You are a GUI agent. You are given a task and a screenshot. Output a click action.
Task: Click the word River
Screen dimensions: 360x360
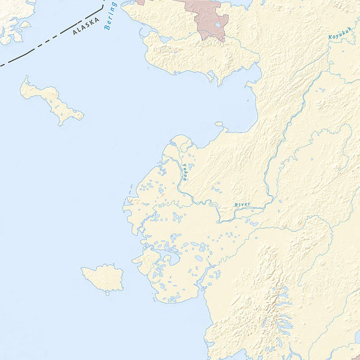[242, 205]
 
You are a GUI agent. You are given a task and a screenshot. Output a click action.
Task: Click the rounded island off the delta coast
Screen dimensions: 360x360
[104, 277]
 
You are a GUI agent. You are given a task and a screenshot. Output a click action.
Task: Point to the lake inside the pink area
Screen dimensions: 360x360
[217, 25]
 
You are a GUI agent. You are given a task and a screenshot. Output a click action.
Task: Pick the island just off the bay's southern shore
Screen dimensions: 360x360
[219, 125]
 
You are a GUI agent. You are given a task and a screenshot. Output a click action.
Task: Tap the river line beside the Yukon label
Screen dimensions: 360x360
[180, 180]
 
